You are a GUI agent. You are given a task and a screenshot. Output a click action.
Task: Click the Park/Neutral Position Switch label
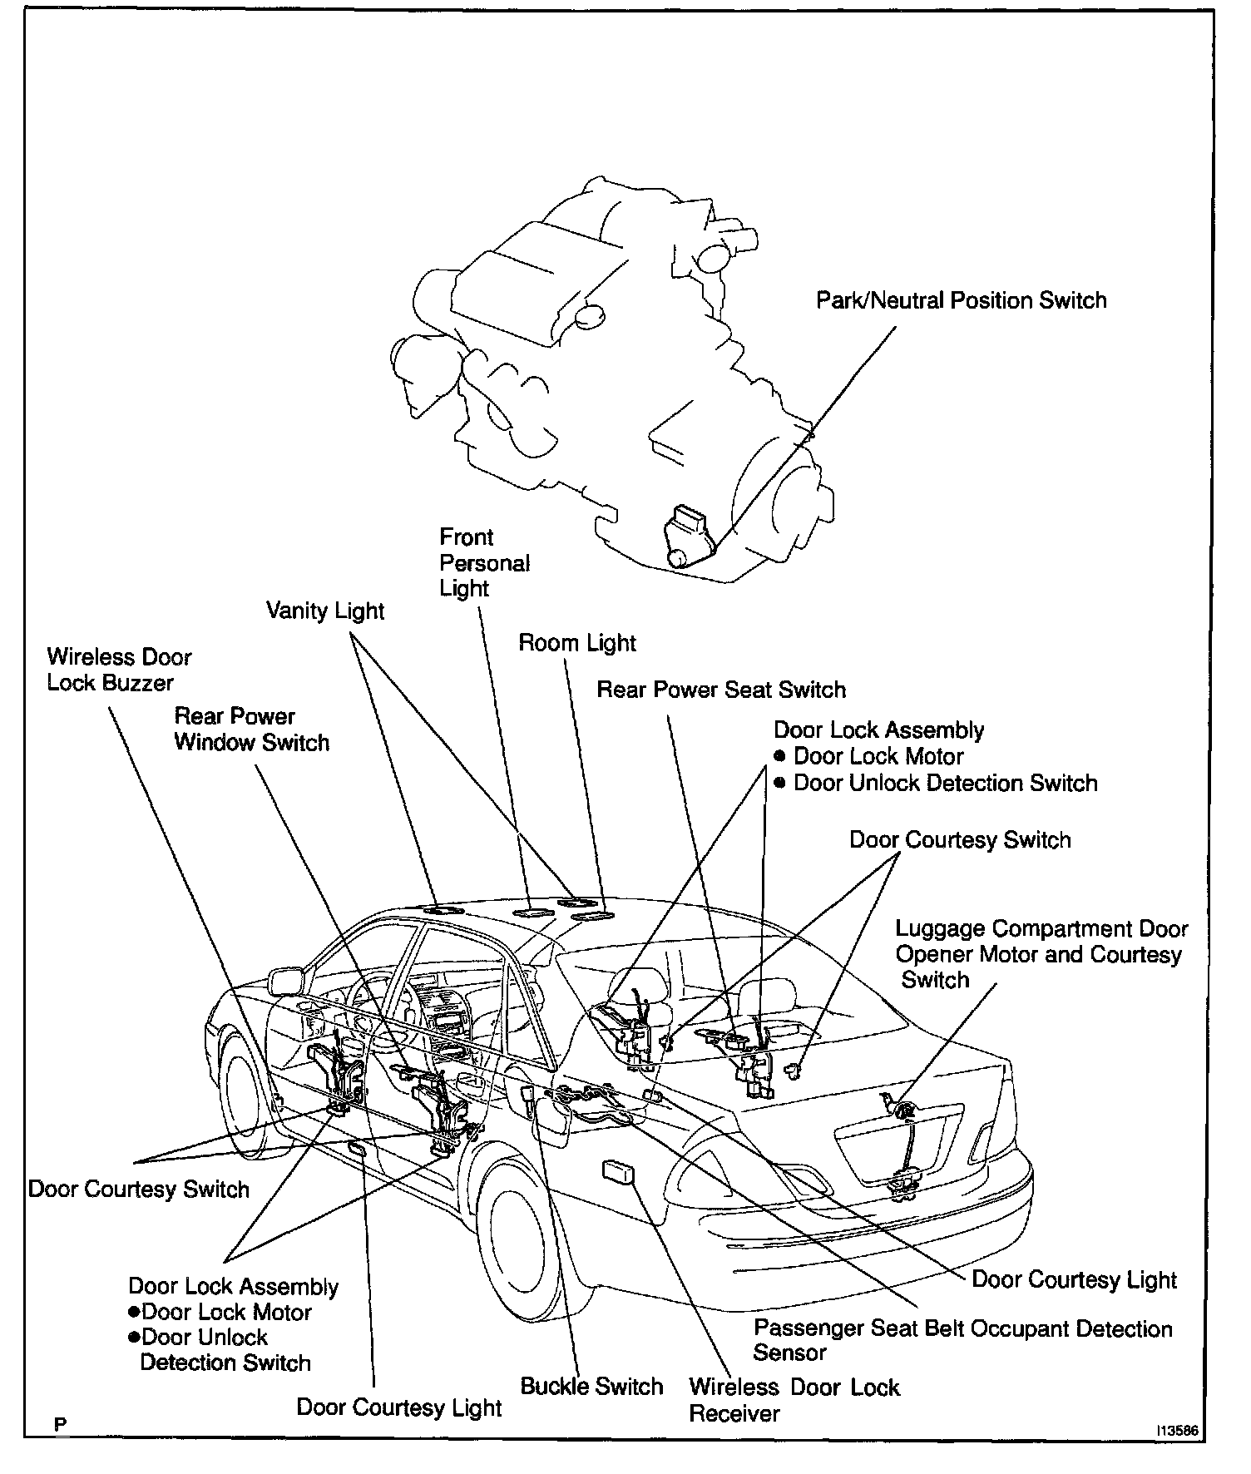click(961, 301)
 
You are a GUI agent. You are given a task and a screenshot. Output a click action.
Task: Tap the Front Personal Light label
click(484, 563)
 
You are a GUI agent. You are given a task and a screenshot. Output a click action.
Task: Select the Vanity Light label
click(325, 611)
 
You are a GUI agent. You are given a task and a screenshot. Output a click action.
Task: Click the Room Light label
click(577, 643)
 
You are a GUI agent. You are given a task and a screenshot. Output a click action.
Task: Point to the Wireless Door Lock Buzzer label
click(119, 670)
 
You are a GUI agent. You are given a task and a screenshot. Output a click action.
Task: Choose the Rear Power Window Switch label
click(251, 730)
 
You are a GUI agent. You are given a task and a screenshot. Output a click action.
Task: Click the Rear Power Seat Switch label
click(721, 690)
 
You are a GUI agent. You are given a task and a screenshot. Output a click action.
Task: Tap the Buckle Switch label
click(591, 1387)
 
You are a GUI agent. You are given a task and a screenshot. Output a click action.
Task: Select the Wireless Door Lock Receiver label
click(794, 1400)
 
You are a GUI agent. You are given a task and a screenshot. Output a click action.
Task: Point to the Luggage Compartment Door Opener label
click(1041, 954)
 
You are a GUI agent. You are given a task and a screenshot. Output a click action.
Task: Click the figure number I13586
click(1175, 1432)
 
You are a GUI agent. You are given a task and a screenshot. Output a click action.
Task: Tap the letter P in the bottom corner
click(60, 1425)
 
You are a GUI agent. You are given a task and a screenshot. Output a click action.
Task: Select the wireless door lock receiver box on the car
click(617, 1173)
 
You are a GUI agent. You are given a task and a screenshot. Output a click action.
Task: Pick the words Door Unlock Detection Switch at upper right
click(945, 784)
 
